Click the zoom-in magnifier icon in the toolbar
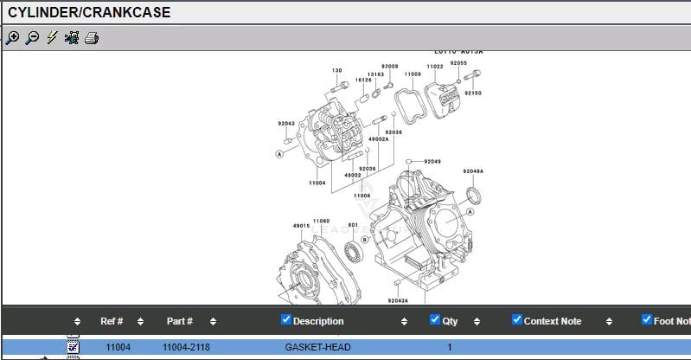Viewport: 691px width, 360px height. tap(12, 37)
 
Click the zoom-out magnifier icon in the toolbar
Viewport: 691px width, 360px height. tap(32, 37)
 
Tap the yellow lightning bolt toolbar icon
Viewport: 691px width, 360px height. tap(52, 37)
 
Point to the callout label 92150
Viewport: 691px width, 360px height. tap(473, 93)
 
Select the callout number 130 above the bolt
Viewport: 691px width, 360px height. tap(336, 70)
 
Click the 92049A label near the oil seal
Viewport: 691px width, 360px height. tap(473, 171)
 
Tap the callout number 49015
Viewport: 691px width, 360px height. tap(301, 226)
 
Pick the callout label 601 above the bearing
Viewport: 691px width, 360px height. tap(353, 225)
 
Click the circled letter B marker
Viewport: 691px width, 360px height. tap(365, 239)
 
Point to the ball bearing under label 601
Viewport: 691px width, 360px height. tap(353, 251)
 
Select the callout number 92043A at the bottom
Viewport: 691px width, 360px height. tap(398, 300)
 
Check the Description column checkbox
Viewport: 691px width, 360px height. tap(286, 320)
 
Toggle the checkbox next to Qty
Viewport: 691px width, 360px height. tap(435, 320)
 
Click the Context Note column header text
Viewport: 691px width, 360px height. tap(553, 321)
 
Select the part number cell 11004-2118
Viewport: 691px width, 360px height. tap(188, 347)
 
